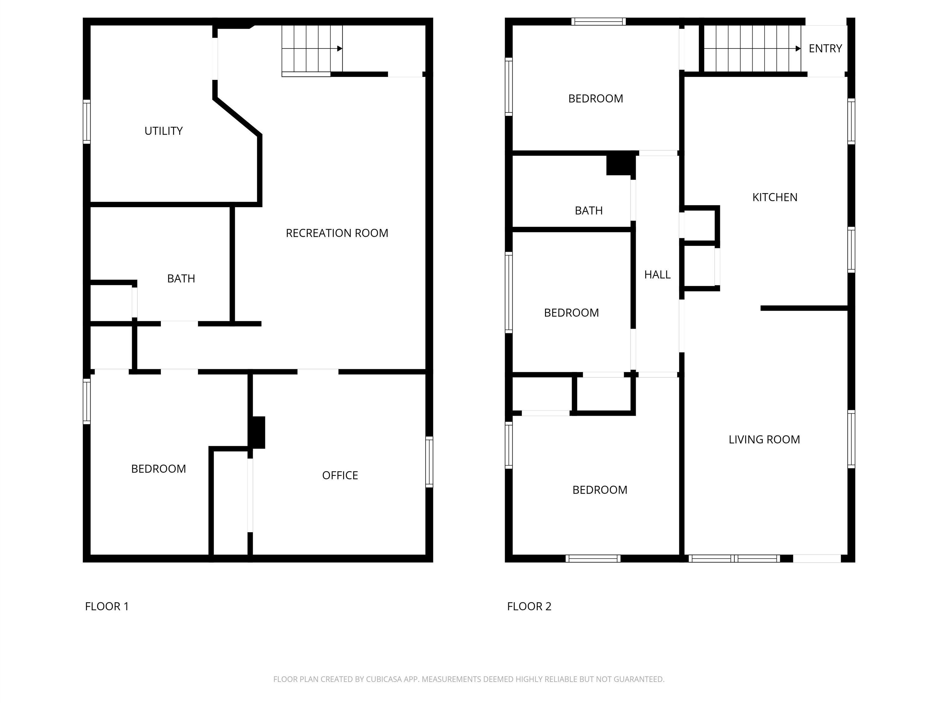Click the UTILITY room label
(x=163, y=131)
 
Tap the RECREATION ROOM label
(x=337, y=233)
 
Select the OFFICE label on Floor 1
(x=340, y=475)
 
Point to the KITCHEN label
(x=775, y=197)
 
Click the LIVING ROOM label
(x=764, y=439)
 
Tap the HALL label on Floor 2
(x=657, y=275)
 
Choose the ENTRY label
(x=825, y=48)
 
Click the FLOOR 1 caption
(x=107, y=606)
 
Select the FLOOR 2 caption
(x=529, y=606)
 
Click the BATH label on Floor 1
(x=181, y=278)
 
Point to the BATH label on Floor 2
(x=589, y=211)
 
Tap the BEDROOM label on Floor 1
(x=158, y=469)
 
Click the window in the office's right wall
(x=429, y=462)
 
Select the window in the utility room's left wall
(x=86, y=122)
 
